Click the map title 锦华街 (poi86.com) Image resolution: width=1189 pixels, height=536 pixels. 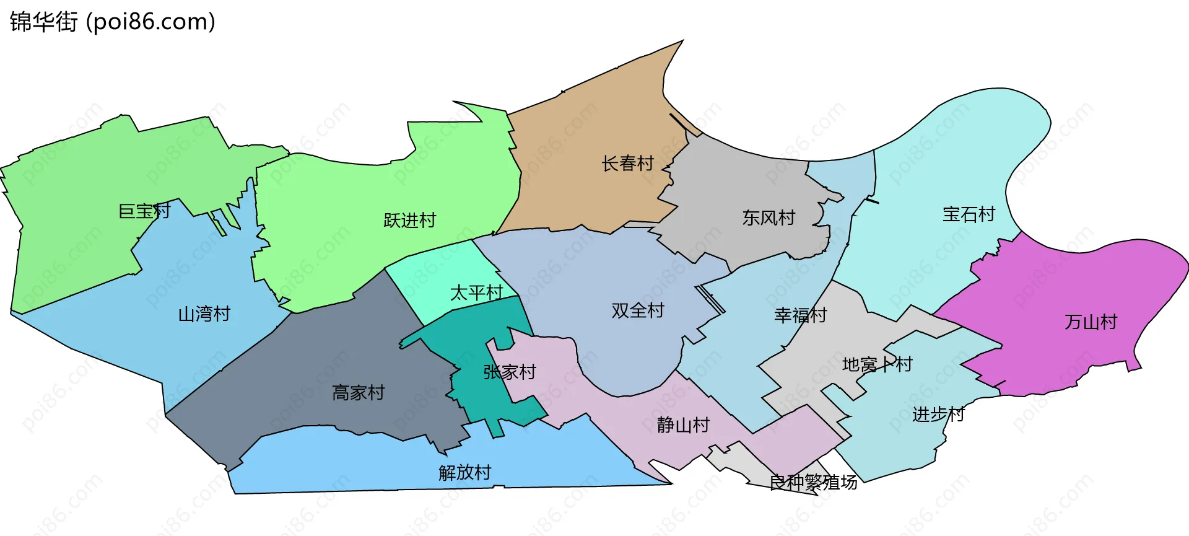113,22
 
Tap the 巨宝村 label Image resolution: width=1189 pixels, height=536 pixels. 144,211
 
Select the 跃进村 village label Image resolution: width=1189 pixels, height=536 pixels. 409,221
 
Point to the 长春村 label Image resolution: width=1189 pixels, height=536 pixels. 627,164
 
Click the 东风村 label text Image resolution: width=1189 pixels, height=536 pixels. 769,218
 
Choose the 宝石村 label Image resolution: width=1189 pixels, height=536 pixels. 969,214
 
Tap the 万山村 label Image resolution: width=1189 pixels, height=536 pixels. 1091,322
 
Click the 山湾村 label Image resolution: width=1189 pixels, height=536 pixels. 204,314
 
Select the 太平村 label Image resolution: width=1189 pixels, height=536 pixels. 476,292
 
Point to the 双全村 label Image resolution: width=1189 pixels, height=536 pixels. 637,310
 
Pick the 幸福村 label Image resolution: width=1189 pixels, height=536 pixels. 800,315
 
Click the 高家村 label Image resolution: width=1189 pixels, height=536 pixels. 358,393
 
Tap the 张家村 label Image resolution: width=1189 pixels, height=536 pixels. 509,372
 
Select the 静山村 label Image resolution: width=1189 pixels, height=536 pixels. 682,425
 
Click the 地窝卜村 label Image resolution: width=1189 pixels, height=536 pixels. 877,364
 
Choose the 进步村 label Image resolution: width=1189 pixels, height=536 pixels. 938,415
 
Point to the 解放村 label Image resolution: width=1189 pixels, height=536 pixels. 464,473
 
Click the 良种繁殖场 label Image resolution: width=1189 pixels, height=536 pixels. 813,482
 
